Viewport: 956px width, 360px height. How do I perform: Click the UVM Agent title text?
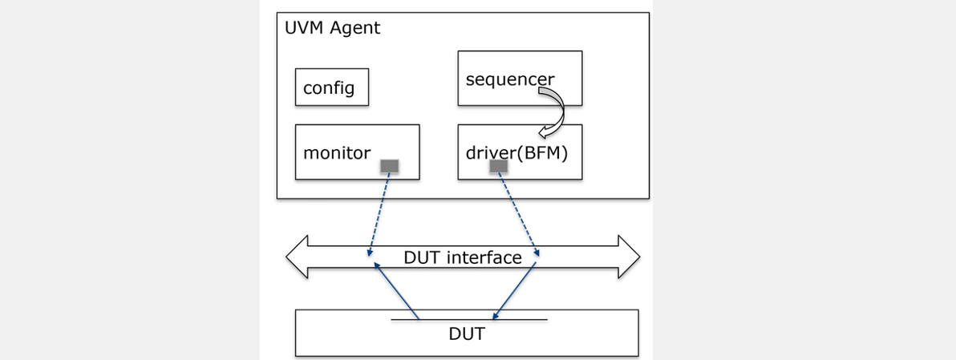pos(333,28)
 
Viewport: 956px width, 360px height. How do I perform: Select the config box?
pos(331,87)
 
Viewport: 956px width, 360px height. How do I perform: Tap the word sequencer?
pos(509,79)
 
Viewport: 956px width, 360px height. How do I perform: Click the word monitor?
pos(337,152)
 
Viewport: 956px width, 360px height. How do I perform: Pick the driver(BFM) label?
pos(516,152)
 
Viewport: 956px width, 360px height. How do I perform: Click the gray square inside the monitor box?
pos(389,166)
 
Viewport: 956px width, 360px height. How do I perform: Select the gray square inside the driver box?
pos(499,166)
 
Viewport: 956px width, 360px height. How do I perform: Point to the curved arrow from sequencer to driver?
pos(553,112)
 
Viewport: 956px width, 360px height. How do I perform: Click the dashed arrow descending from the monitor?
pos(379,212)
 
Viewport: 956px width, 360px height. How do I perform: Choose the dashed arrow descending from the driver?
pos(517,212)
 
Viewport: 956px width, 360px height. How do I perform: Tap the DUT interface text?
pos(462,257)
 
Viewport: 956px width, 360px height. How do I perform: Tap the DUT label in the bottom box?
pos(467,334)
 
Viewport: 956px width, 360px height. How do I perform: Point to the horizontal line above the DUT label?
pos(469,320)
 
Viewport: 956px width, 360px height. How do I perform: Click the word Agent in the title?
pos(356,28)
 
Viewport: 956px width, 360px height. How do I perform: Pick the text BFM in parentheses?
pos(542,152)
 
